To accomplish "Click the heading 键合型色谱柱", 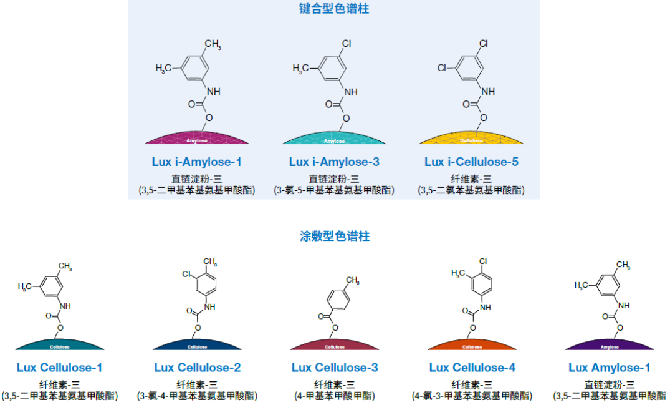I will click(x=334, y=9).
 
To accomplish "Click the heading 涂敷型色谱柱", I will click(x=334, y=237).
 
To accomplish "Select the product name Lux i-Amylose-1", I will click(x=196, y=162).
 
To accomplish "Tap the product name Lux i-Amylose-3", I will click(x=334, y=162).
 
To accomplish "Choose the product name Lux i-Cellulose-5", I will click(x=471, y=162).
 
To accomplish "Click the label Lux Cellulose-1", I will click(x=60, y=368).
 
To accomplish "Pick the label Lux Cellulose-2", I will click(x=198, y=368).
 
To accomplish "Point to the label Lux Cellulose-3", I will click(x=335, y=368).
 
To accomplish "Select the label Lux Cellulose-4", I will click(x=472, y=368).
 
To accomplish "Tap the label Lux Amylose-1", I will click(x=610, y=368).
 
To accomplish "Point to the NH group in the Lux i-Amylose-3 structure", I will click(x=351, y=92).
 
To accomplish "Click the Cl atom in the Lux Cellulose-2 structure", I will click(x=186, y=274).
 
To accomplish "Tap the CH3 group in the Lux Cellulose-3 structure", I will click(x=353, y=281).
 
